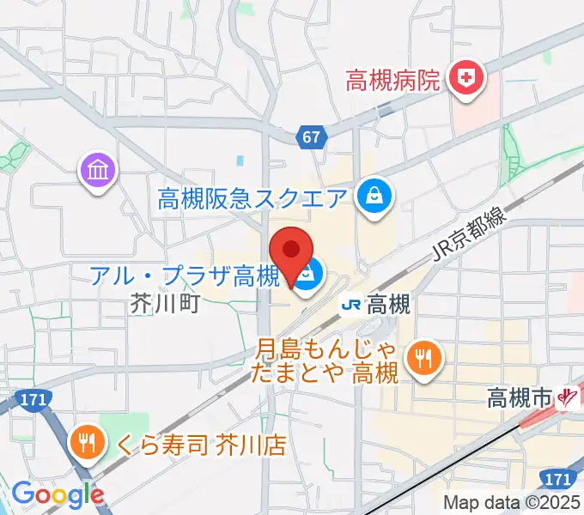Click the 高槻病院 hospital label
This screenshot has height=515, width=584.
pyautogui.click(x=392, y=82)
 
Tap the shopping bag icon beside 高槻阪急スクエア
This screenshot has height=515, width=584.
pyautogui.click(x=375, y=197)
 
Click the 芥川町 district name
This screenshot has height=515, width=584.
pyautogui.click(x=165, y=303)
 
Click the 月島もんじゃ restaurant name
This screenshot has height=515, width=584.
pyautogui.click(x=327, y=351)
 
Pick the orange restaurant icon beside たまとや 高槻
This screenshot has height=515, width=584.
pyautogui.click(x=422, y=358)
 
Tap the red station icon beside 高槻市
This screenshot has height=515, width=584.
pyautogui.click(x=566, y=397)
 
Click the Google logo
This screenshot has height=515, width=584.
pyautogui.click(x=57, y=494)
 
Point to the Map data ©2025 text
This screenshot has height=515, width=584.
pyautogui.click(x=510, y=502)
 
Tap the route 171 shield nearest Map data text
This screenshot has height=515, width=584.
pyautogui.click(x=556, y=476)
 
